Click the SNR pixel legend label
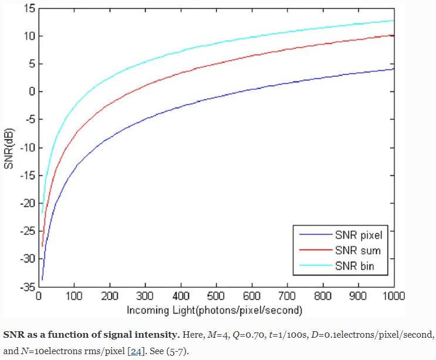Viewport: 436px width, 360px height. coord(359,236)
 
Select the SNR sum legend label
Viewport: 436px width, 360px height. coord(357,250)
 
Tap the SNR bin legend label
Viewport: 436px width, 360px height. coord(354,266)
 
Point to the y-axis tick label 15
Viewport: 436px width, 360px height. coord(29,9)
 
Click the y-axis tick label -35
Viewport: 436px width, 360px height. coord(28,286)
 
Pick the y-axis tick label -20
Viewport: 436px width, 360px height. coord(28,203)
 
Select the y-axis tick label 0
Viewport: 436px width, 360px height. coord(32,91)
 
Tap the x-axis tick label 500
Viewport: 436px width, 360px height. coord(216,296)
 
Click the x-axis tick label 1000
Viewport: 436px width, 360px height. coord(394,296)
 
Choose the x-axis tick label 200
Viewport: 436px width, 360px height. coord(110,296)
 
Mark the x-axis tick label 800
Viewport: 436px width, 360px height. coord(323,296)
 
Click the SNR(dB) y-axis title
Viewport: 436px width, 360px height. coord(9,148)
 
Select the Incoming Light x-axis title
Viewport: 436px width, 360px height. coord(214,310)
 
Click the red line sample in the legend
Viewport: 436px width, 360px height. coord(316,250)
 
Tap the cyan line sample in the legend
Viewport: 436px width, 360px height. coord(316,265)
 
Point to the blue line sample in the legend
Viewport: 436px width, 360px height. coord(316,235)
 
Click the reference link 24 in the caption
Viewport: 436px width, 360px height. coord(136,351)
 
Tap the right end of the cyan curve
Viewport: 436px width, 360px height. coord(394,21)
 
